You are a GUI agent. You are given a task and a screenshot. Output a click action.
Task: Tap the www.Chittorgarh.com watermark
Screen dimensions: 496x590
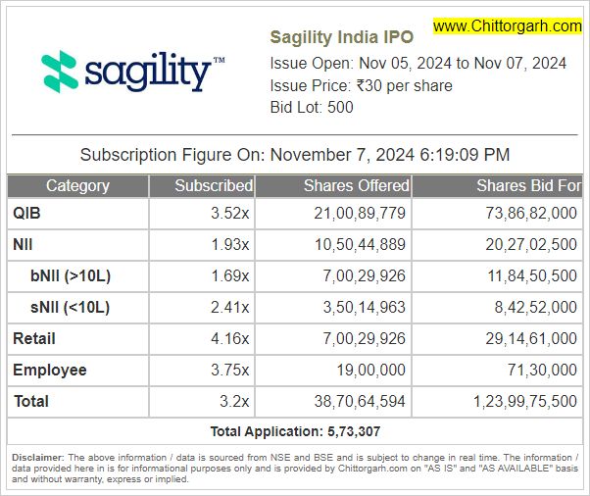[x=507, y=26]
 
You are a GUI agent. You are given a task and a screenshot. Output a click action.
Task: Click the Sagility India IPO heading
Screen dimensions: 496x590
[x=341, y=37]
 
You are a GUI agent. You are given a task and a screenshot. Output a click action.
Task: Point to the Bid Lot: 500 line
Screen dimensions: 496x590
[x=312, y=107]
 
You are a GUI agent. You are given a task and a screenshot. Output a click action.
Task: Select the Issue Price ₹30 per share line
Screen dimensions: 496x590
[x=361, y=85]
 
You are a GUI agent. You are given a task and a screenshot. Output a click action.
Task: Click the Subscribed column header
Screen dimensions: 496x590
[x=213, y=185]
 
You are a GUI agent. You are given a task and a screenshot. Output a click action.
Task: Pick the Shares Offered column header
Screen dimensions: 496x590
[x=356, y=185]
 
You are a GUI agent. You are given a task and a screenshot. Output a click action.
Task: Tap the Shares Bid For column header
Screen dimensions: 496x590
[x=528, y=185]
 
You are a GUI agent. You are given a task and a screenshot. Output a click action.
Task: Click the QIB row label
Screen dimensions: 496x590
[x=26, y=213]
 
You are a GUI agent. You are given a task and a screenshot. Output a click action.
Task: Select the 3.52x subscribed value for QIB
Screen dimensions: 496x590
[x=230, y=213]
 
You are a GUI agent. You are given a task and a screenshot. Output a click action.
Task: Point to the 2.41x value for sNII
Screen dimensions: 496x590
[x=230, y=307]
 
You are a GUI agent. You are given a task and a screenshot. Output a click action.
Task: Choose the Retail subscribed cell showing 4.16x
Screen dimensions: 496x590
[x=230, y=338]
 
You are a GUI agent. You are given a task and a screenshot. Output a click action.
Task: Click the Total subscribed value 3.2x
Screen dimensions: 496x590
[x=235, y=401]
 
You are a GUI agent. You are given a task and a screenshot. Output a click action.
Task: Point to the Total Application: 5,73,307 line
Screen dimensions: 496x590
[x=294, y=431]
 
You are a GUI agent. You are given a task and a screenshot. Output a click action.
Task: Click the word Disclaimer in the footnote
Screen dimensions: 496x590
[x=37, y=458]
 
